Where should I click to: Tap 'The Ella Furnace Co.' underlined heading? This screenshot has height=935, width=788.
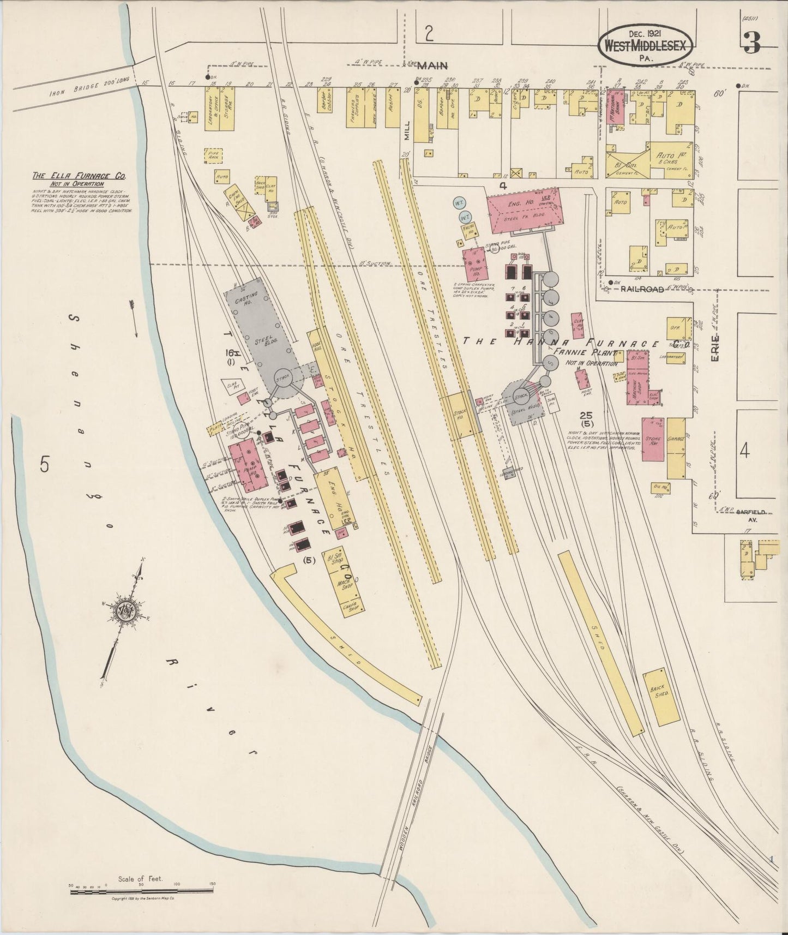(80, 176)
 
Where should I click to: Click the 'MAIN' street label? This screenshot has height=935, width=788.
(432, 66)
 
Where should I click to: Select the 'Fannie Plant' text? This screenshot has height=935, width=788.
(583, 353)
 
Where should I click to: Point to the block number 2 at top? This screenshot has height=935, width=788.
(429, 34)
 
